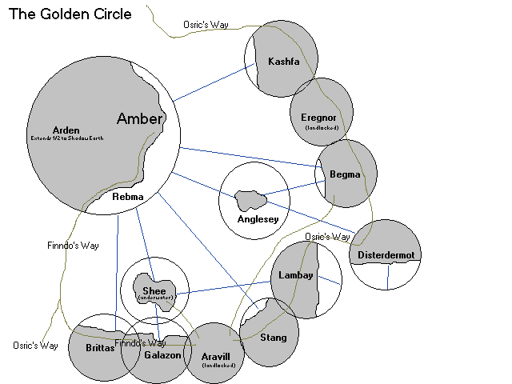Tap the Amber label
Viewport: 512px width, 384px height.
click(x=140, y=119)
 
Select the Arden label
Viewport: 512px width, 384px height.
click(x=66, y=130)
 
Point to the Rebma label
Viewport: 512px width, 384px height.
click(x=128, y=196)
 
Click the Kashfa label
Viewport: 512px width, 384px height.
click(x=284, y=62)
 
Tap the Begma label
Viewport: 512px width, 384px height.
click(x=346, y=174)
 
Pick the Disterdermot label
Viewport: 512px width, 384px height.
click(x=390, y=255)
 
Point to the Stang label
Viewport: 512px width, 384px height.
click(x=274, y=338)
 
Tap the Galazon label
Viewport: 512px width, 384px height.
click(x=162, y=354)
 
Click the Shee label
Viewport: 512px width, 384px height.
click(x=154, y=290)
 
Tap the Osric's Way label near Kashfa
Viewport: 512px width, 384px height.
click(x=206, y=25)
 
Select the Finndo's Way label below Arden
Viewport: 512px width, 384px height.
click(x=73, y=246)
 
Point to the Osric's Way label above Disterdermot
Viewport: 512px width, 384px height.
click(x=328, y=237)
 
